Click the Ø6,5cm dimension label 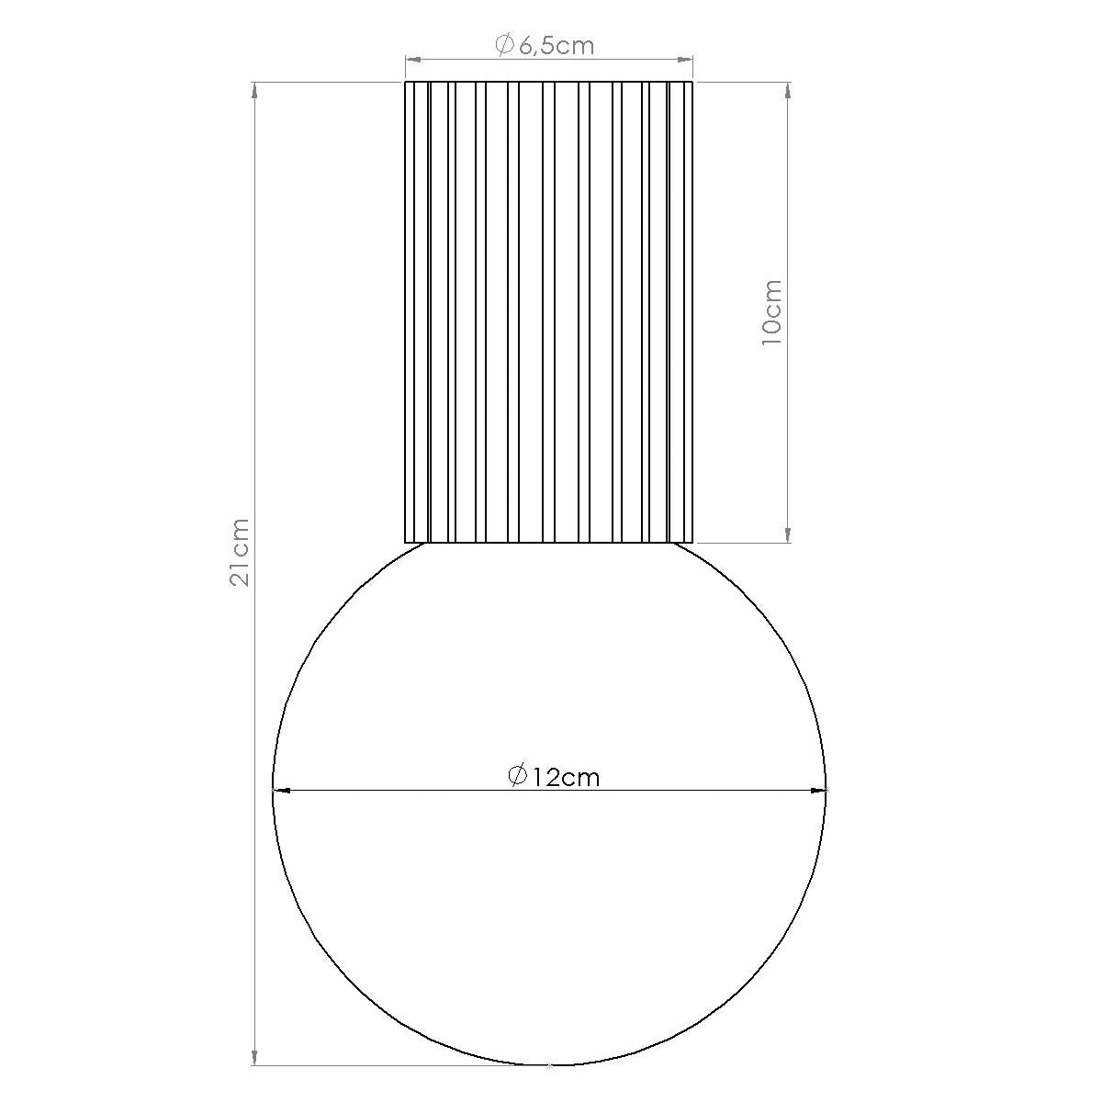[545, 45]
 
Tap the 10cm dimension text [771, 312]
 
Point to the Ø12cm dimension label [554, 777]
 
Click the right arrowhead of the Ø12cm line [819, 789]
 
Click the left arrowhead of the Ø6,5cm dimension [412, 61]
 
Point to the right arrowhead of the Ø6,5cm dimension [685, 61]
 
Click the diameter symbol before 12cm [517, 776]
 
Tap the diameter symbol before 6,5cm [503, 45]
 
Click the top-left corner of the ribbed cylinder [406, 82]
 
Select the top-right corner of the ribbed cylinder [692, 82]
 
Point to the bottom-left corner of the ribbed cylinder [406, 542]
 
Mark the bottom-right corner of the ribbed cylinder [692, 542]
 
